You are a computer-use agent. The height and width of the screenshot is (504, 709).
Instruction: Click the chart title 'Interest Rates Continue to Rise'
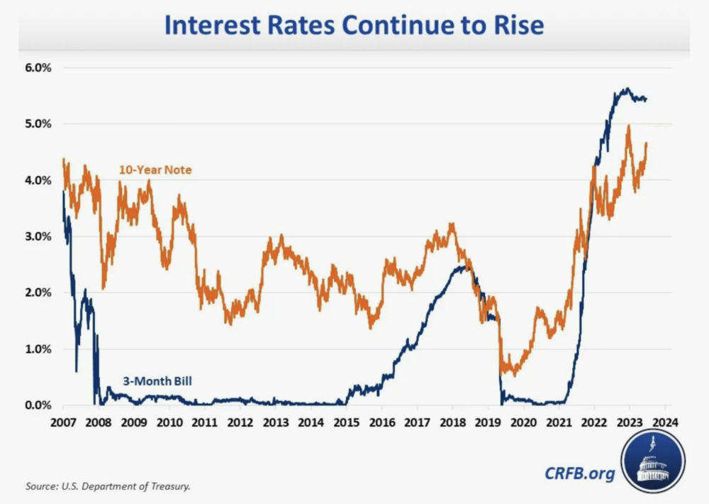[354, 26]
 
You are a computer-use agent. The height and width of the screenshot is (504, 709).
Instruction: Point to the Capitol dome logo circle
[653, 459]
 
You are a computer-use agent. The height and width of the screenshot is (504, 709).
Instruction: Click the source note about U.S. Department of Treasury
[108, 486]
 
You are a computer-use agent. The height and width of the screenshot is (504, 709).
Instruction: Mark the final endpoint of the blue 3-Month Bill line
[646, 99]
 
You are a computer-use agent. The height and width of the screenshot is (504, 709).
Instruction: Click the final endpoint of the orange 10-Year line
[647, 143]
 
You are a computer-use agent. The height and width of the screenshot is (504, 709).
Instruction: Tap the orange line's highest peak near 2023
[628, 126]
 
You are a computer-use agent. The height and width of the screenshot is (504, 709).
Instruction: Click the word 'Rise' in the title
[518, 26]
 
